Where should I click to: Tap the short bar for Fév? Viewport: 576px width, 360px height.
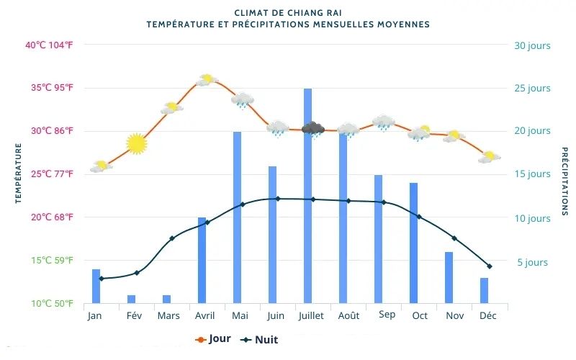pos(131,299)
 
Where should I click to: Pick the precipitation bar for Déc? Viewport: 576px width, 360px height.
pos(484,290)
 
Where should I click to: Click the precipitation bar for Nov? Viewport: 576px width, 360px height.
pos(449,277)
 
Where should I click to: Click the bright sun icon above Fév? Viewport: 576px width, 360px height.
pos(136,144)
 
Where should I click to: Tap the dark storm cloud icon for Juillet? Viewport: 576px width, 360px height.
pos(313,129)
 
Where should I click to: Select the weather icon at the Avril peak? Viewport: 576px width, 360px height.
pos(207,79)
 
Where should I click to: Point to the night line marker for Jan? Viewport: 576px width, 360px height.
pos(102,279)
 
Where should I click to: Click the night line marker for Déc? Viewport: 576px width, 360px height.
pos(490,266)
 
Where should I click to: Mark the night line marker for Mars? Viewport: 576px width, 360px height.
pos(171,238)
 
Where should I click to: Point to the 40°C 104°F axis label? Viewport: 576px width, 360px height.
pos(49,45)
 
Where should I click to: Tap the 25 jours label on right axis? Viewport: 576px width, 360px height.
pos(532,89)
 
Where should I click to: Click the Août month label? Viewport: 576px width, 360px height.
pos(348,315)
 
